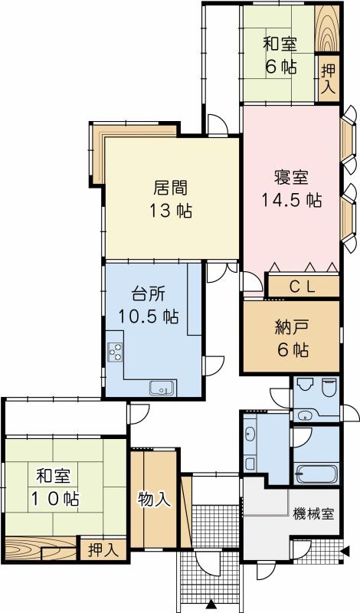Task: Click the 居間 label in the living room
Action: (171, 188)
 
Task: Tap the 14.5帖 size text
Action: (291, 201)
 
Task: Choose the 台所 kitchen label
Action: (149, 293)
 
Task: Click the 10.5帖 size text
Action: (149, 316)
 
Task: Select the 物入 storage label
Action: (153, 500)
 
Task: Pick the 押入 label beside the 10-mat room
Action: (101, 549)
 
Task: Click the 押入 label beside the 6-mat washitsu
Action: (327, 80)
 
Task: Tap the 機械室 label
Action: (313, 514)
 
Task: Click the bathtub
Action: (314, 473)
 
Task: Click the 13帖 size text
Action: (171, 211)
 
